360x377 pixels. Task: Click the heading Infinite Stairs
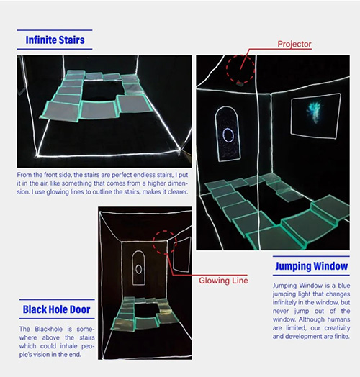point(55,40)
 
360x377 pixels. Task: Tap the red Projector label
point(294,44)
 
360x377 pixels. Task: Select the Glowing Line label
point(223,281)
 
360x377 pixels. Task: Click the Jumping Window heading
point(312,266)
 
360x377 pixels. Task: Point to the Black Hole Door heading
point(57,309)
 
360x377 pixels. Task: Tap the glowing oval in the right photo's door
point(228,135)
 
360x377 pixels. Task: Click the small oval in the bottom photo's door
point(139,269)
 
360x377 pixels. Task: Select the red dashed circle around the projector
point(227,68)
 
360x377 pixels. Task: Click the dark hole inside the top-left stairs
point(101,91)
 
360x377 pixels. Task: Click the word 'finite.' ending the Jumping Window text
point(342,337)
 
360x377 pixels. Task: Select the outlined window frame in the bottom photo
point(174,255)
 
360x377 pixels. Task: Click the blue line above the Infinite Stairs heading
point(55,30)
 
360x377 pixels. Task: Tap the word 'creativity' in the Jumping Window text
point(337,328)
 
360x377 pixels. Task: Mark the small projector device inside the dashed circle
point(240,83)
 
